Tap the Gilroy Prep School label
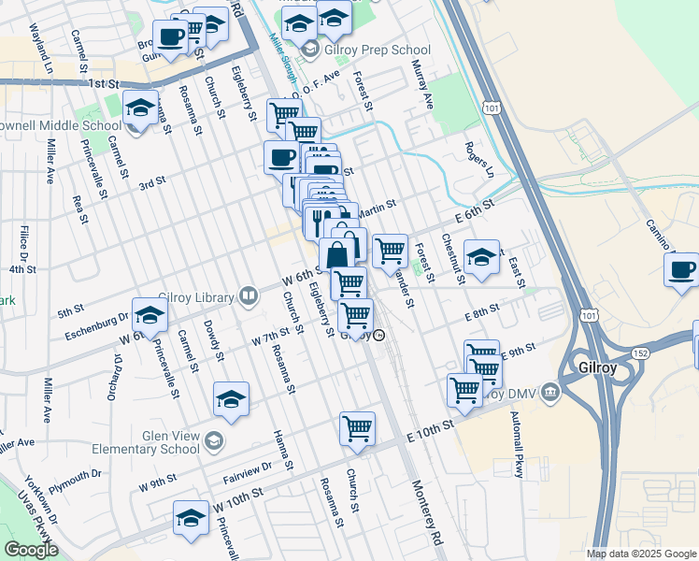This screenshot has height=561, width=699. (x=378, y=50)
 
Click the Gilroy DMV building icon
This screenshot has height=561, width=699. (x=549, y=391)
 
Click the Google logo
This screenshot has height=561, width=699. (x=31, y=550)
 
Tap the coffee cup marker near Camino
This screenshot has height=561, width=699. (x=681, y=270)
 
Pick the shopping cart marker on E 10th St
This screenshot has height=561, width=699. (x=358, y=428)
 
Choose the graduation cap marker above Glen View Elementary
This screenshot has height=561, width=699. (x=231, y=399)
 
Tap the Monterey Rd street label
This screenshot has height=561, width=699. (x=426, y=515)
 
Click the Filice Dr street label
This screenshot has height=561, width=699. (x=21, y=242)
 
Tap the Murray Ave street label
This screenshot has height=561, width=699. (x=422, y=85)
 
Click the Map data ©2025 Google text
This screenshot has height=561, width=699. (x=641, y=554)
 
